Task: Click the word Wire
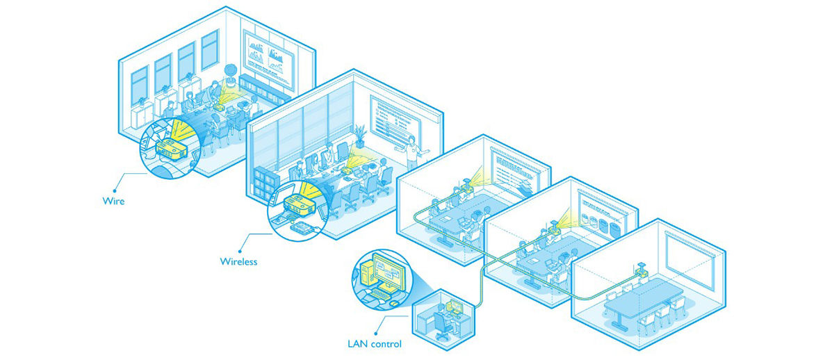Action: point(113,201)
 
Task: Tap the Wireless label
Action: point(238,261)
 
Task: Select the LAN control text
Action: point(375,343)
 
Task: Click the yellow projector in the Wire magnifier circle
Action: point(171,149)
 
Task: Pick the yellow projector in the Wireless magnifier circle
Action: point(299,206)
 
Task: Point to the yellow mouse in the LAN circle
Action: point(394,304)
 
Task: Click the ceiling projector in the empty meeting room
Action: point(641,270)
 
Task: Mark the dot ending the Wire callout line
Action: point(115,191)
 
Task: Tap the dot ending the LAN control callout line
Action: point(376,334)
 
